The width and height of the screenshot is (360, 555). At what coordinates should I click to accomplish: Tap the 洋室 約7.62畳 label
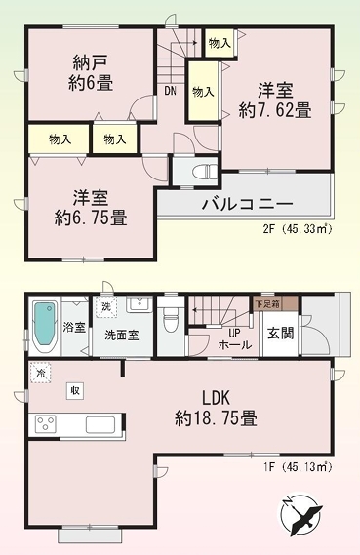point(275,99)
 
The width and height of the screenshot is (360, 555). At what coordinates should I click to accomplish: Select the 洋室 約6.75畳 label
point(91,208)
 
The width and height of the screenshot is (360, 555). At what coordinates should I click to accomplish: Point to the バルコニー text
point(248,204)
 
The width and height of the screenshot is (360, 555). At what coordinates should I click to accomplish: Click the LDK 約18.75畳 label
point(216,408)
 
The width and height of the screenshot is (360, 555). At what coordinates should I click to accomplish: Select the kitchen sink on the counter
point(100,423)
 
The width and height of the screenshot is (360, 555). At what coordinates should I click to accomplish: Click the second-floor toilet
point(204,172)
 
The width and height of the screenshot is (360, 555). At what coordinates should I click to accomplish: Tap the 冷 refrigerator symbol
point(40,373)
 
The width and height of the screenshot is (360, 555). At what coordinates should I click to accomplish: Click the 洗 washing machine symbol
point(105,307)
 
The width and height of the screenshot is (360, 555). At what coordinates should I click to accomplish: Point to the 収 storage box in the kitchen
point(75,391)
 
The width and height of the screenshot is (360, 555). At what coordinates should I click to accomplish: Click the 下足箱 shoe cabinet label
point(267,304)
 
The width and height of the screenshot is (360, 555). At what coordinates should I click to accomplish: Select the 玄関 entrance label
point(280,333)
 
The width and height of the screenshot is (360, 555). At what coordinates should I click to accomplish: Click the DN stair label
point(170,91)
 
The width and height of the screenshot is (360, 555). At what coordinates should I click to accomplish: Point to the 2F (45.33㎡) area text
point(298,229)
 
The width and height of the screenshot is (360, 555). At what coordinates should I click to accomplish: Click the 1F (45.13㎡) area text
point(297,467)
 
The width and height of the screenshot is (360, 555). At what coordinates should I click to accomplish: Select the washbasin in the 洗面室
point(140,304)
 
